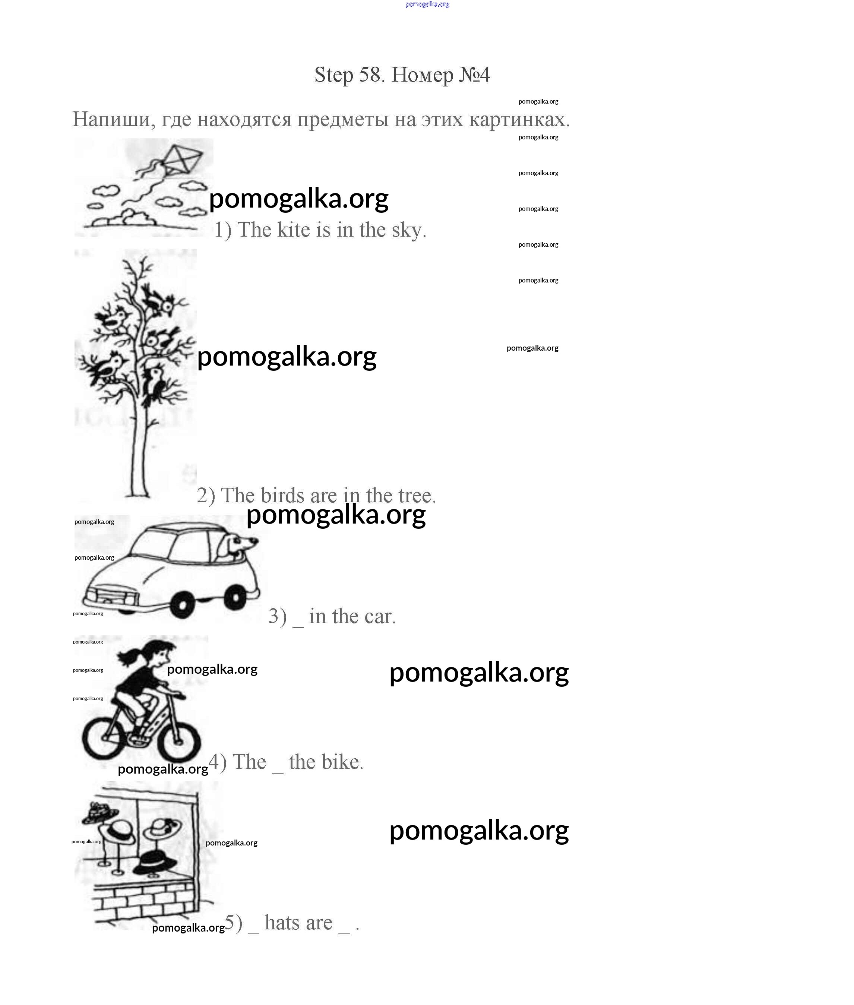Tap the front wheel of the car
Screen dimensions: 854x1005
[183, 605]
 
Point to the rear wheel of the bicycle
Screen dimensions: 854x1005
[104, 739]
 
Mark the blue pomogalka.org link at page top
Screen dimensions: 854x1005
[427, 4]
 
